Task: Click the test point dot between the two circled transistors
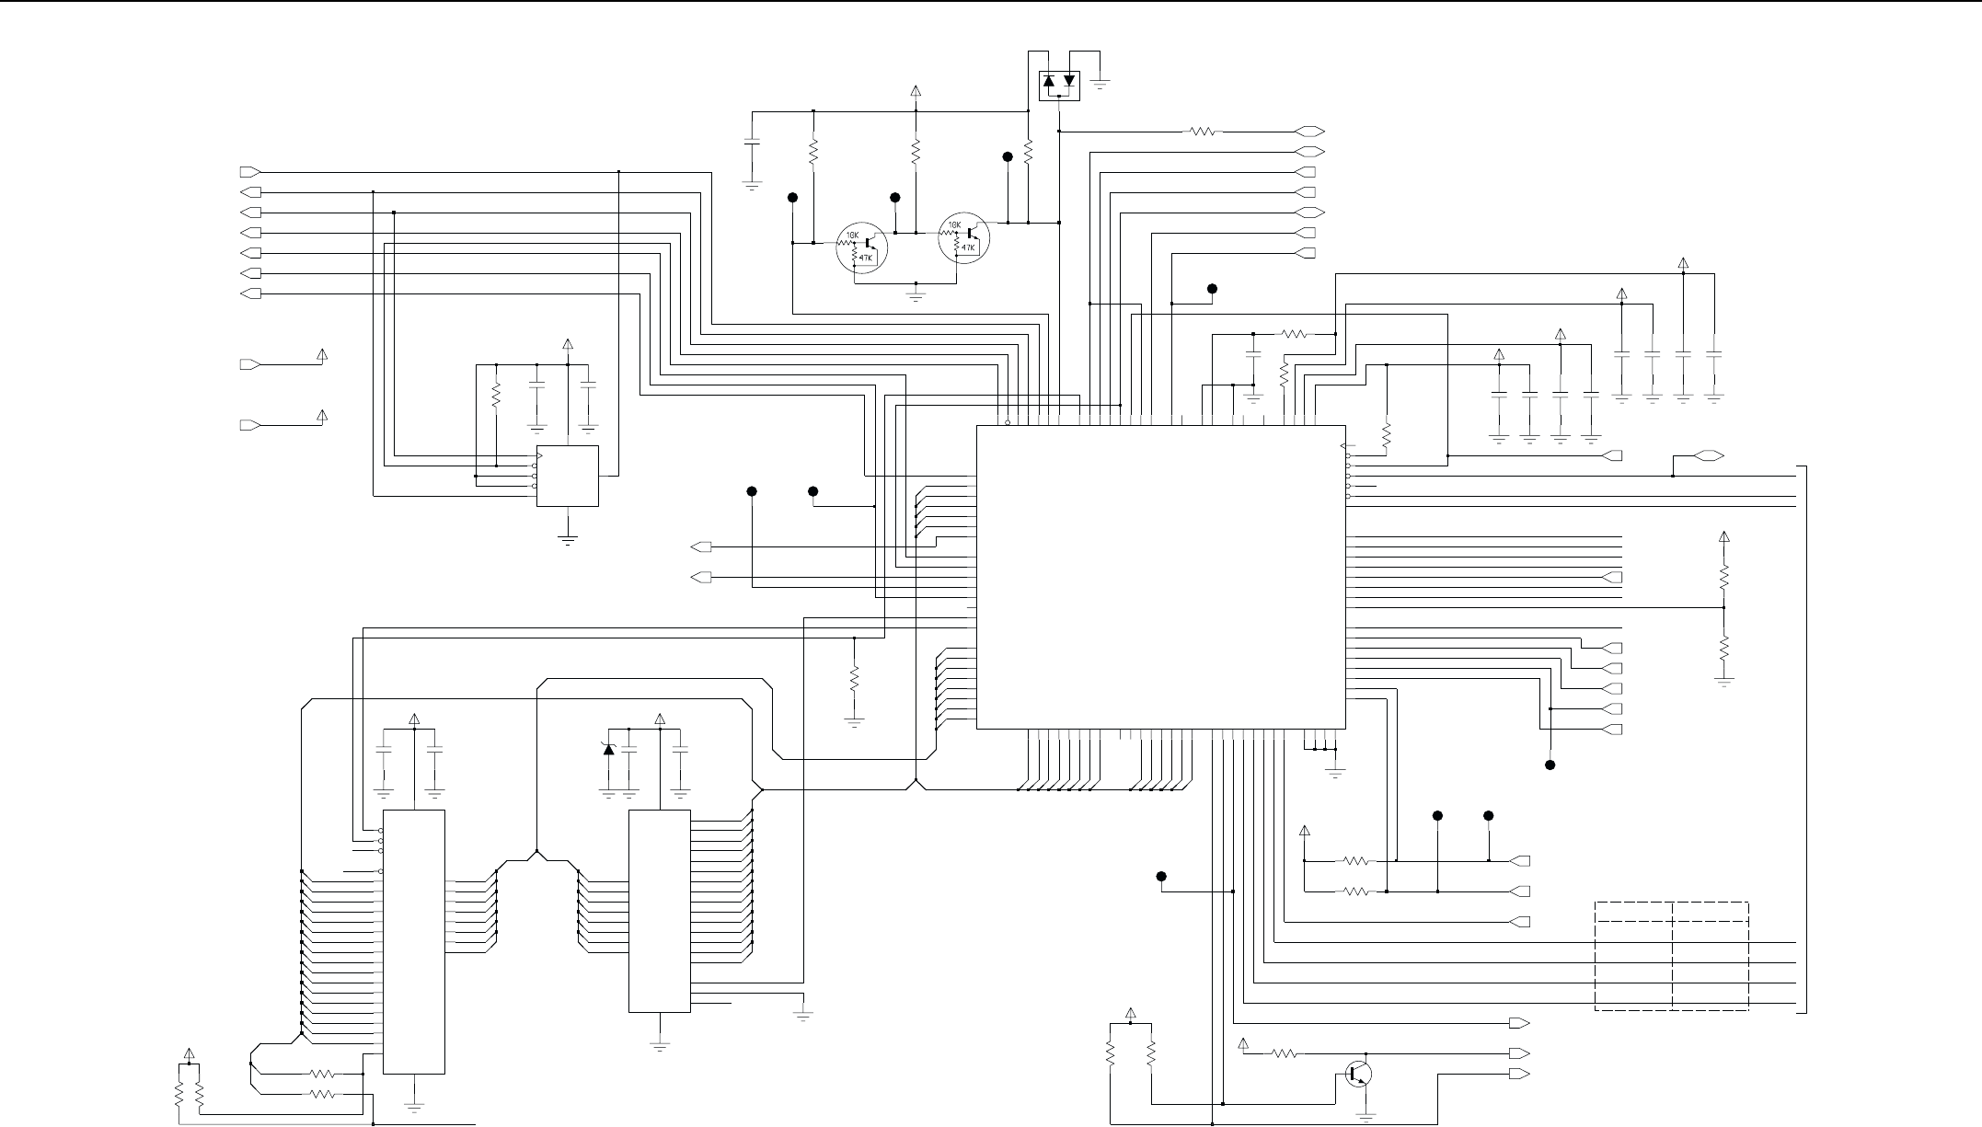click(895, 198)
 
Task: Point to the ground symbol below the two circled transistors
click(916, 295)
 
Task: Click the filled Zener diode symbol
click(607, 750)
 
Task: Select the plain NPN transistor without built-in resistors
click(1359, 1074)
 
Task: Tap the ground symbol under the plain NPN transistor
click(1366, 1117)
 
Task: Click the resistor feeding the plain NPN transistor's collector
click(1286, 1053)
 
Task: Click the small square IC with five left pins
click(568, 476)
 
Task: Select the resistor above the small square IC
click(496, 396)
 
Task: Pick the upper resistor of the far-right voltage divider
click(1724, 578)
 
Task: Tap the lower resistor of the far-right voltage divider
click(1724, 648)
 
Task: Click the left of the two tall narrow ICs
click(414, 941)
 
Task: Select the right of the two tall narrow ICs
click(659, 911)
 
